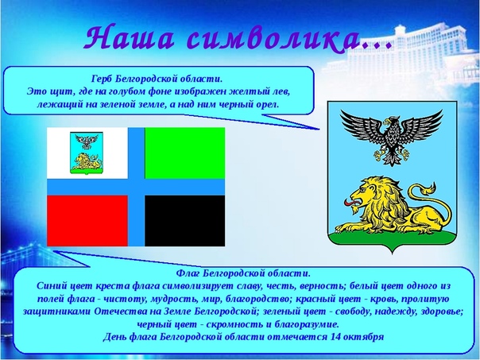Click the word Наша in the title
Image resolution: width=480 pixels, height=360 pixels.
pyautogui.click(x=130, y=37)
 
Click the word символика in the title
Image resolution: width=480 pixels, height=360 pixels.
pyautogui.click(x=273, y=37)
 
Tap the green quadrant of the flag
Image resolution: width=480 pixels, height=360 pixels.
pyautogui.click(x=185, y=153)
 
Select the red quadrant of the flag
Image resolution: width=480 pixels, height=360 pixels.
pyautogui.click(x=87, y=221)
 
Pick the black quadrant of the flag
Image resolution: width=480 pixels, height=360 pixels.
pyautogui.click(x=185, y=221)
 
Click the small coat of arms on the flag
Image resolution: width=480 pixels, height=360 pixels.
pyautogui.click(x=87, y=153)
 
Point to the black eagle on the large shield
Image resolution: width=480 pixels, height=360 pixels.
pyautogui.click(x=392, y=137)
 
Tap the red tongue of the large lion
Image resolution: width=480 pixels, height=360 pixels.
pyautogui.click(x=350, y=203)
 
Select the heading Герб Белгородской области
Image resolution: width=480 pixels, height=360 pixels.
pyautogui.click(x=157, y=79)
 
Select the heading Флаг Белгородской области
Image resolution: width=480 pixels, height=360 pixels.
pyautogui.click(x=243, y=273)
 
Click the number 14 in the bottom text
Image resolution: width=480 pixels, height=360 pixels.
pyautogui.click(x=336, y=337)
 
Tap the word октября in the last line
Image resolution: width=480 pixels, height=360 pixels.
pyautogui.click(x=364, y=337)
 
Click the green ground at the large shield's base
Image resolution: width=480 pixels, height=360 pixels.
pyautogui.click(x=392, y=239)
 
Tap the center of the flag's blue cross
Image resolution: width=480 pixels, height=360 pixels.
pyautogui.click(x=136, y=187)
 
